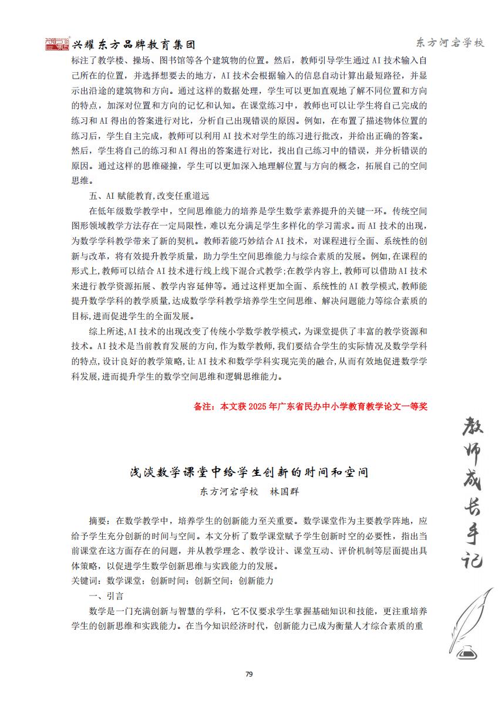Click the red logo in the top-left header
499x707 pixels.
click(57, 44)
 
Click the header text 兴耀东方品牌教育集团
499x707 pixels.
click(132, 45)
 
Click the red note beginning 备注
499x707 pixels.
click(310, 405)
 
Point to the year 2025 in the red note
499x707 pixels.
click(257, 405)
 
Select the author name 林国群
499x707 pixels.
click(284, 492)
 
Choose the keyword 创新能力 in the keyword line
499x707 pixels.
click(256, 580)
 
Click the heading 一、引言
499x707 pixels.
click(106, 596)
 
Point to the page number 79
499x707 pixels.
click(249, 674)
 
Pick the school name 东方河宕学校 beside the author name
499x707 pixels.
click(230, 492)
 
